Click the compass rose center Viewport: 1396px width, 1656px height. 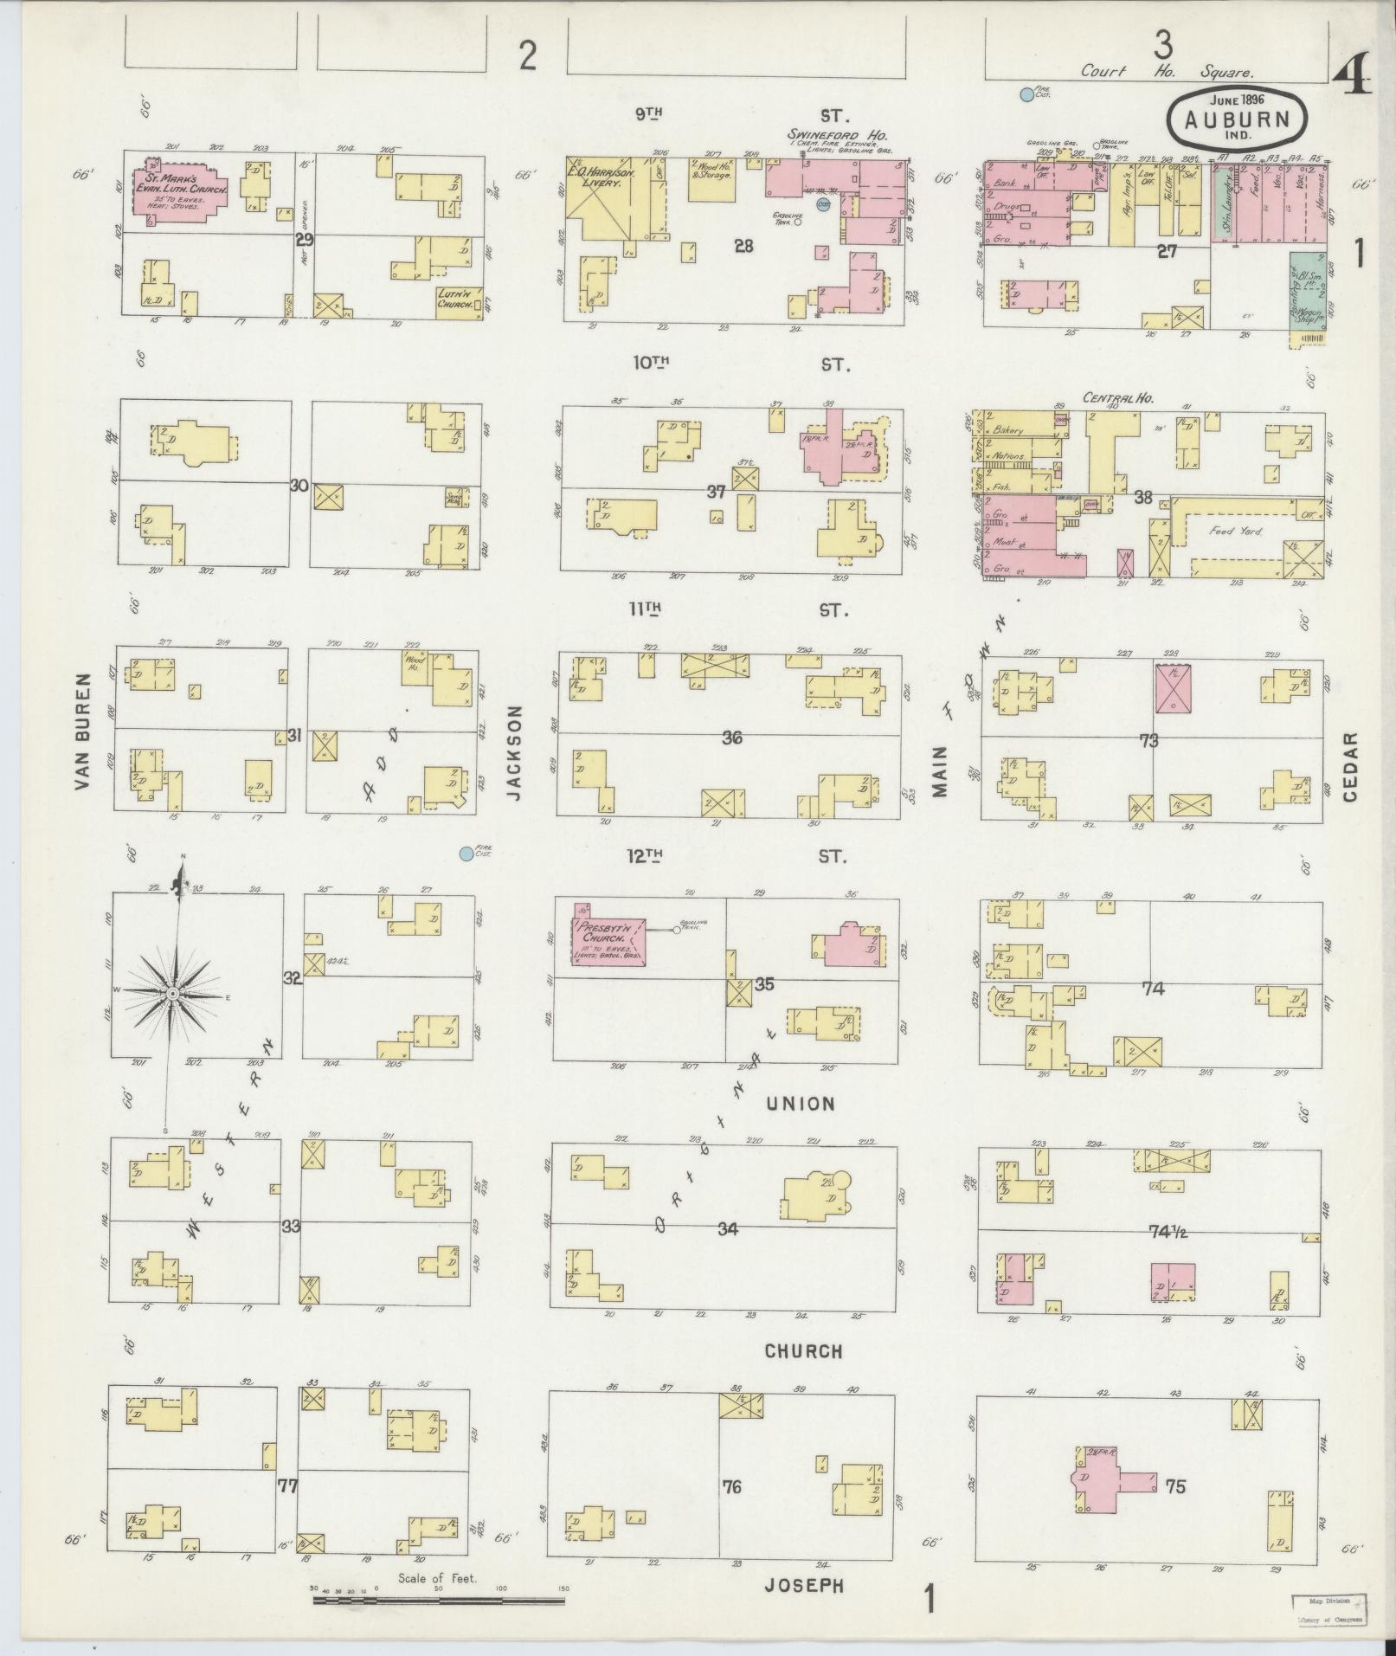pyautogui.click(x=172, y=993)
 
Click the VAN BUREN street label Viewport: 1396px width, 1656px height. pyautogui.click(x=83, y=731)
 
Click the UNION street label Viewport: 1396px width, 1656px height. pyautogui.click(x=799, y=1104)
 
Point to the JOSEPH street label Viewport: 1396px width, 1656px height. pyautogui.click(x=804, y=1585)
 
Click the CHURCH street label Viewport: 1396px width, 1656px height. pyautogui.click(x=803, y=1350)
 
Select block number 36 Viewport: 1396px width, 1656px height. pyautogui.click(x=732, y=738)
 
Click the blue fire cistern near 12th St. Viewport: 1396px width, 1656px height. pyautogui.click(x=466, y=854)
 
